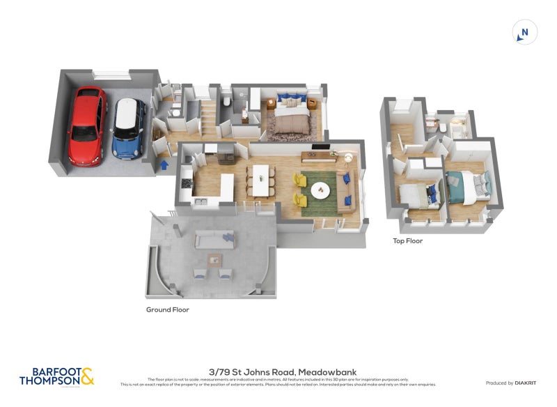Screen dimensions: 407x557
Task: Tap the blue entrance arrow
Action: (164, 165)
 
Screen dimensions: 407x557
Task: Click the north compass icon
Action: (524, 33)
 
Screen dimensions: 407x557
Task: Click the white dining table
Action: (260, 180)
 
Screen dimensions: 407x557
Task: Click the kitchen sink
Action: (199, 202)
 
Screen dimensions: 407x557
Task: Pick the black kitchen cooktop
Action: (185, 183)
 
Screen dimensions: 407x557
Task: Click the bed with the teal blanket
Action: (466, 186)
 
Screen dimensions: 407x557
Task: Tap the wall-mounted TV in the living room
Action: (320, 146)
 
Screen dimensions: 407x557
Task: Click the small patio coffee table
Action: (215, 261)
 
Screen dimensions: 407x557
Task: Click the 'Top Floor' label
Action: (408, 241)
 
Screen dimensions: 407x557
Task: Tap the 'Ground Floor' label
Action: (167, 309)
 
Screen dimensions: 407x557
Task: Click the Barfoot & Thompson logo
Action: (56, 377)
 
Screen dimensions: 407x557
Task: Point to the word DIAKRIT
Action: (524, 383)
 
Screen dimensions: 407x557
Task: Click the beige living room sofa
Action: (345, 190)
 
